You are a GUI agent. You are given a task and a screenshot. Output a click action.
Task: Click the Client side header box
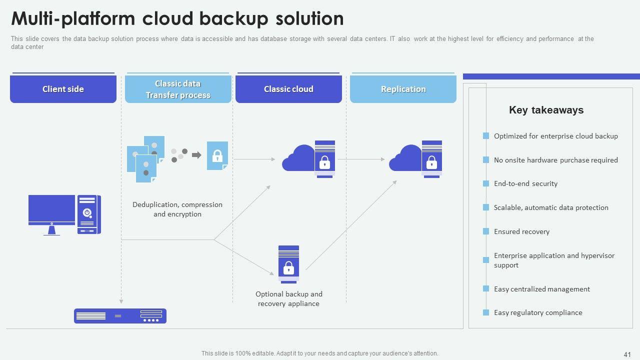point(63,89)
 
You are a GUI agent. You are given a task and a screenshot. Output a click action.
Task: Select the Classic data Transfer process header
point(178,89)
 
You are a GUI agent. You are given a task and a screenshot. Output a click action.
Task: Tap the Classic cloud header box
point(288,89)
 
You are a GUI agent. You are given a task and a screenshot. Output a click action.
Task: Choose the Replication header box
point(403,89)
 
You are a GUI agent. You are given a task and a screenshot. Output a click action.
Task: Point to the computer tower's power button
point(87,212)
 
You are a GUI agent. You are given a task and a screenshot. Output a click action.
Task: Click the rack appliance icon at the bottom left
point(120,316)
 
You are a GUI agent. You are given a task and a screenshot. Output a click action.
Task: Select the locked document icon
point(217,155)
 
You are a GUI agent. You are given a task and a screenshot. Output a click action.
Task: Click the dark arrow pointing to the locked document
point(196,155)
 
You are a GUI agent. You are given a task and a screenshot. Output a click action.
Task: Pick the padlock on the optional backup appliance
point(288,268)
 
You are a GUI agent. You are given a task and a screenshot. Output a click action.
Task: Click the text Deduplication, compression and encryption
point(177,209)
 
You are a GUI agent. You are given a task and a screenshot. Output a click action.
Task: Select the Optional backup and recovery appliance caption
point(288,299)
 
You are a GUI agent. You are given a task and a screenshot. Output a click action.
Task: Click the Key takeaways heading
point(546,110)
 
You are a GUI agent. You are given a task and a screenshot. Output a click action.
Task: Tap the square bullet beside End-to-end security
point(486,183)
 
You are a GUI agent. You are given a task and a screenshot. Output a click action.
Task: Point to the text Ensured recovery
point(521,231)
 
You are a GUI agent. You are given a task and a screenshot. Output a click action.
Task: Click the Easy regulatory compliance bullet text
point(538,312)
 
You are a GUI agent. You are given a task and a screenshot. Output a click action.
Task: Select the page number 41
point(627,353)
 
